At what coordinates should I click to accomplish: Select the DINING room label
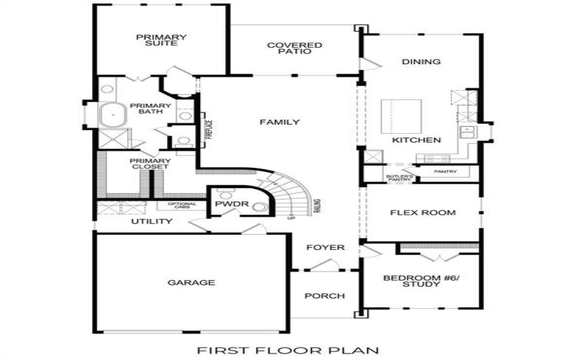tap(421, 62)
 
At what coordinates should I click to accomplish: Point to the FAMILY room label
tap(279, 122)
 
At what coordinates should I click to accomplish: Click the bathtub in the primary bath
tap(113, 114)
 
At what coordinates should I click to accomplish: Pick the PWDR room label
tap(232, 204)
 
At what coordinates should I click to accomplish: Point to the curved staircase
tap(292, 194)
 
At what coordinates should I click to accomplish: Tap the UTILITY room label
tap(151, 222)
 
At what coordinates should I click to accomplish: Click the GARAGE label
tap(191, 283)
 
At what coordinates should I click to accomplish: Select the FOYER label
tap(325, 248)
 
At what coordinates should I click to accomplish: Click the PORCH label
tap(325, 296)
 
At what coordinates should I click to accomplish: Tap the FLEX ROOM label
tap(423, 213)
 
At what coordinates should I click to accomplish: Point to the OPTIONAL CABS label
tap(182, 207)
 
